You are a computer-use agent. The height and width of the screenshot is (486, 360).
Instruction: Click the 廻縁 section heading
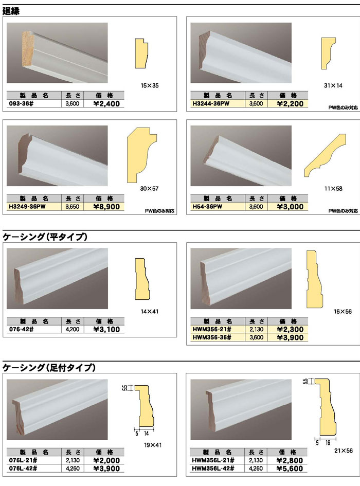pos(11,11)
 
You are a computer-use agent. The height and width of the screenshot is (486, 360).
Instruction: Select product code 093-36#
pos(22,103)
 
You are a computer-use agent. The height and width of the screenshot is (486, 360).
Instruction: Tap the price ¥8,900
pos(106,207)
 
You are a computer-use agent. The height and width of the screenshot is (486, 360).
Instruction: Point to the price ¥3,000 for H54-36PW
pos(290,207)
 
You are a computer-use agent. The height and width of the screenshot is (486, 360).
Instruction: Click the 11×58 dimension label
pos(333,188)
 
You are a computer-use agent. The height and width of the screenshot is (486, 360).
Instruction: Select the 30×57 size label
pos(149,188)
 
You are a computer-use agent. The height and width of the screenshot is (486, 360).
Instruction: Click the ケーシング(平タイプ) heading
pos(45,237)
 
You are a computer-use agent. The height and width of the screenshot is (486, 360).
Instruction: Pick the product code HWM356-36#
pos(212,337)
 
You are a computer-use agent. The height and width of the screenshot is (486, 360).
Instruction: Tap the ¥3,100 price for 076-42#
pos(106,330)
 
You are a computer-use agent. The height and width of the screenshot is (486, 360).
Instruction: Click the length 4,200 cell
pos(73,330)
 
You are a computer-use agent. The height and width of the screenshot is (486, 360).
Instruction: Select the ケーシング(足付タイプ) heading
pos(49,368)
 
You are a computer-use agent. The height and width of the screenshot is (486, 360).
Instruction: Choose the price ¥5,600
pos(290,469)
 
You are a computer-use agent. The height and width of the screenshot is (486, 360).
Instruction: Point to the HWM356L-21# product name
pos(213,460)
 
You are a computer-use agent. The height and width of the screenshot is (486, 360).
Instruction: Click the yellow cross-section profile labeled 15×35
pos(142,53)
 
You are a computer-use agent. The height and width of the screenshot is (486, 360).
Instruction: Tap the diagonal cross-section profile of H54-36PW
pos(325,155)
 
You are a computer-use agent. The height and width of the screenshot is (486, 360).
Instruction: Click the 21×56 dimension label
pos(343,451)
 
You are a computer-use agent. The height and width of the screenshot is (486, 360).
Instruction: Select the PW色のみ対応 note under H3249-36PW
pos(160,211)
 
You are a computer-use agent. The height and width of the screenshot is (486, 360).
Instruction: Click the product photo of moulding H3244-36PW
pos(241,52)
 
